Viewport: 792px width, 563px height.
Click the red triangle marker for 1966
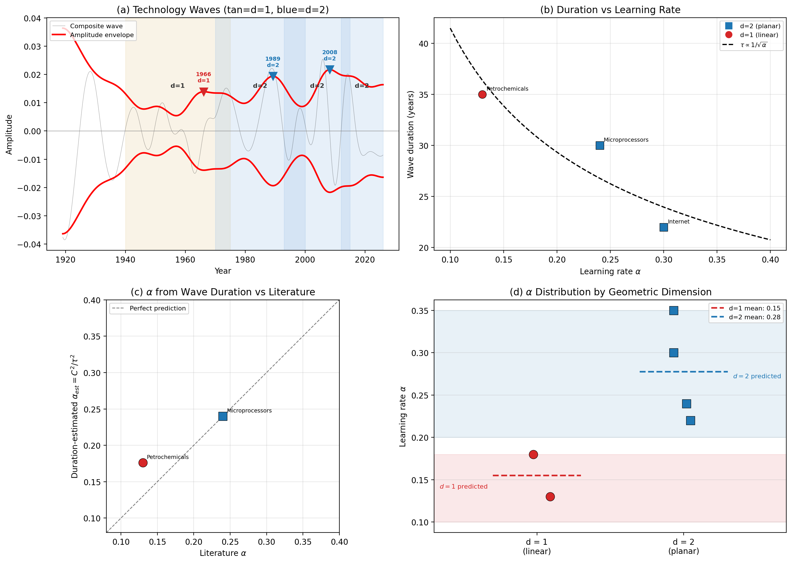click(204, 92)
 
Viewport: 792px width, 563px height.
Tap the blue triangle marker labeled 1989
click(273, 76)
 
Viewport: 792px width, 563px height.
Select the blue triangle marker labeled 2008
click(330, 69)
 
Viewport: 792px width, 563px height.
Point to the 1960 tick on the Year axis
click(185, 260)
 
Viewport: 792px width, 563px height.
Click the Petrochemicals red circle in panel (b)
click(482, 94)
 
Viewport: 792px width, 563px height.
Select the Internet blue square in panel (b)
click(663, 227)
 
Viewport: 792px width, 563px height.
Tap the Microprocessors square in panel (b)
click(599, 145)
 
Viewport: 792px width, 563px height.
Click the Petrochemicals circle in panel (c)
click(143, 462)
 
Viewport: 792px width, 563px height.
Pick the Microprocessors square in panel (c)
click(223, 416)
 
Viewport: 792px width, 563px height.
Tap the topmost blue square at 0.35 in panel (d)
click(673, 310)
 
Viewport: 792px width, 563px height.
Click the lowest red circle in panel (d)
click(550, 497)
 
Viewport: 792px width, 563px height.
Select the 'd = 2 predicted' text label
click(757, 376)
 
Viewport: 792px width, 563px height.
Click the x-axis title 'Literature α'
click(223, 553)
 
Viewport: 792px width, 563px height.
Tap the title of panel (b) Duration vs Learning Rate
click(610, 10)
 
